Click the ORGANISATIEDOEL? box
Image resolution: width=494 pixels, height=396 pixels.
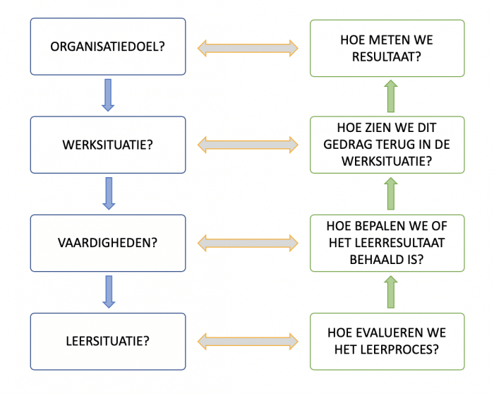coord(108,47)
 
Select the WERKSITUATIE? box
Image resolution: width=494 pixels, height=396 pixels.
coord(108,145)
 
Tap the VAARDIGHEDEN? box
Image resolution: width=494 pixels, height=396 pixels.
coord(108,243)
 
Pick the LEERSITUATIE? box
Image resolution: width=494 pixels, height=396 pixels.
coord(108,341)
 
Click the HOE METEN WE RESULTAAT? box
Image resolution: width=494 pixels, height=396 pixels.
coord(387,47)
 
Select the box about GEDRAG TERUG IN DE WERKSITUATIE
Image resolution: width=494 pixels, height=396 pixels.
coord(387,145)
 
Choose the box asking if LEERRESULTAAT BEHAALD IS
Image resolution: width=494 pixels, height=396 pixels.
coord(387,243)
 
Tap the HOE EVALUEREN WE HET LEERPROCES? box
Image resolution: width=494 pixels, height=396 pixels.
coord(387,341)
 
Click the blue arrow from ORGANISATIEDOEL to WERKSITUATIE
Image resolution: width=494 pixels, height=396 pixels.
coord(108,95)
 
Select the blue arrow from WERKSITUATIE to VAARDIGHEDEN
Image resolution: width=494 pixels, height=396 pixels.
coord(108,193)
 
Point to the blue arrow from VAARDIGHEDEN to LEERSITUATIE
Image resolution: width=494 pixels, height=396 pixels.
coord(108,292)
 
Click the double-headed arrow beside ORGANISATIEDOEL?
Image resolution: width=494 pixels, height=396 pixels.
coord(247,48)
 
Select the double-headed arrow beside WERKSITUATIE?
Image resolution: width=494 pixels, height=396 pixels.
coord(247,145)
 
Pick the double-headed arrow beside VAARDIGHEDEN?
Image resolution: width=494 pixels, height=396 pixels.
coord(247,244)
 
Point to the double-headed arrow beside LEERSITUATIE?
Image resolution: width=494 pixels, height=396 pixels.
coord(247,342)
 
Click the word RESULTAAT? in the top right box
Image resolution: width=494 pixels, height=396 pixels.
coord(387,56)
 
